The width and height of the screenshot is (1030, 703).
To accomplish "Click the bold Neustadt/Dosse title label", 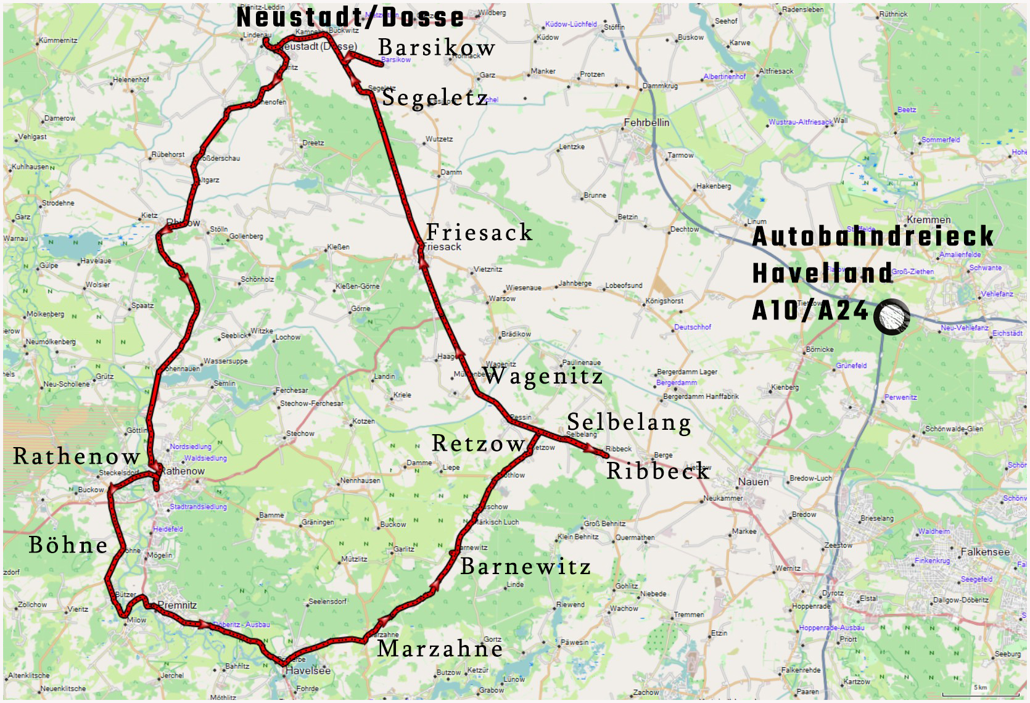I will pyautogui.click(x=350, y=17).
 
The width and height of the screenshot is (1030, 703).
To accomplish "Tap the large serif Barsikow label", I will pyautogui.click(x=437, y=47).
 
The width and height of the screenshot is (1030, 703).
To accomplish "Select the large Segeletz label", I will pyautogui.click(x=435, y=98).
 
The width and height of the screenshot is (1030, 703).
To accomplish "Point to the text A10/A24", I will pyautogui.click(x=810, y=311).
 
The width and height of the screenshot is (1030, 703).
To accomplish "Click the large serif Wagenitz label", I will pyautogui.click(x=543, y=376).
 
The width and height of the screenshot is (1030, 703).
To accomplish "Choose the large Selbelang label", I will pyautogui.click(x=628, y=422).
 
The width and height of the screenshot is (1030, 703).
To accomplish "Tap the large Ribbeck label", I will pyautogui.click(x=657, y=471).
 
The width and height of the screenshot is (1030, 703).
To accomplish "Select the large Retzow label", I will pyautogui.click(x=478, y=443).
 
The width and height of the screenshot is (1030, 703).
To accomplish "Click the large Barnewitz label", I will pyautogui.click(x=525, y=566).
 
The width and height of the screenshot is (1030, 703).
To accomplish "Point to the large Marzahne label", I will pyautogui.click(x=440, y=648).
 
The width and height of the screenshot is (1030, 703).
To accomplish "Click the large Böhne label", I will pyautogui.click(x=68, y=545).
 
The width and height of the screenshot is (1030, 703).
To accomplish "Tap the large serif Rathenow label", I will pyautogui.click(x=77, y=457).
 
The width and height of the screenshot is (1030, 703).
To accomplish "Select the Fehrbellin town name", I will pyautogui.click(x=646, y=123).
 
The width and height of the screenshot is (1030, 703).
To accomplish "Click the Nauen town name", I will pyautogui.click(x=753, y=482).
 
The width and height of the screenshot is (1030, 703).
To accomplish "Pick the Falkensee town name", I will pyautogui.click(x=986, y=552).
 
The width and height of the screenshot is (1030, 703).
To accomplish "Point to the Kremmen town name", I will pyautogui.click(x=929, y=220).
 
